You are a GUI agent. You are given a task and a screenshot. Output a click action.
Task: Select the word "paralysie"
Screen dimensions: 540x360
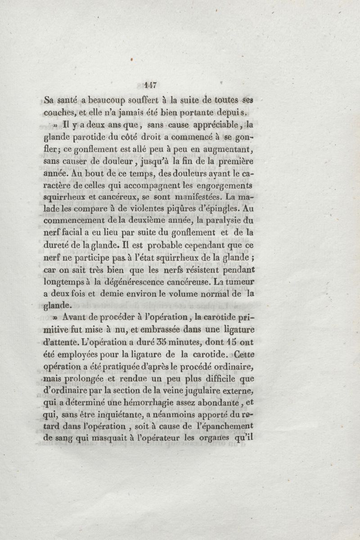[219, 221]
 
